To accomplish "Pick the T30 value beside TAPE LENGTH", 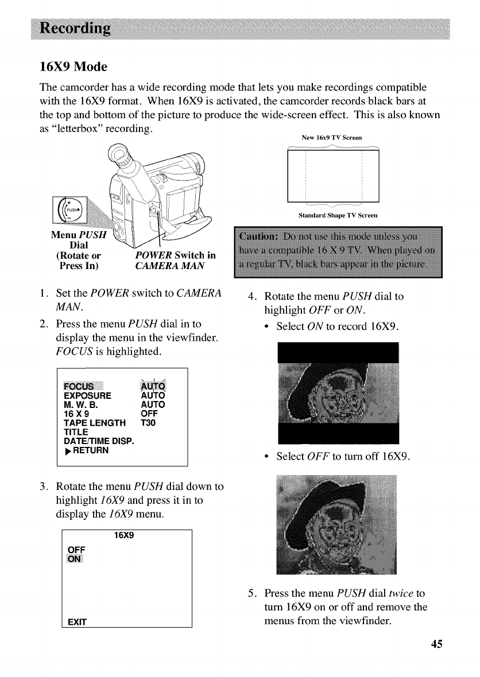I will (148, 423).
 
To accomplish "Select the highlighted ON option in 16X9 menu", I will (75, 559).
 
